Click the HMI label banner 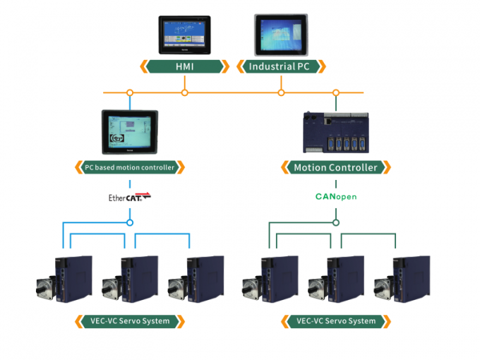(x=184, y=67)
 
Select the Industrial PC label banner (x=282, y=67)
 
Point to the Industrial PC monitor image (x=281, y=34)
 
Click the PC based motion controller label (x=130, y=167)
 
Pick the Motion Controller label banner (x=335, y=167)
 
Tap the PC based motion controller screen (x=130, y=132)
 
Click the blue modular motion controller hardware (x=336, y=133)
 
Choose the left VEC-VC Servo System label (x=130, y=321)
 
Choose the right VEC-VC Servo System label (x=336, y=321)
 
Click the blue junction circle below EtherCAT (x=130, y=222)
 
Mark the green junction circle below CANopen (x=336, y=222)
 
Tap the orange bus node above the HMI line (x=185, y=92)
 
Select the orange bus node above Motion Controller (x=336, y=92)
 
